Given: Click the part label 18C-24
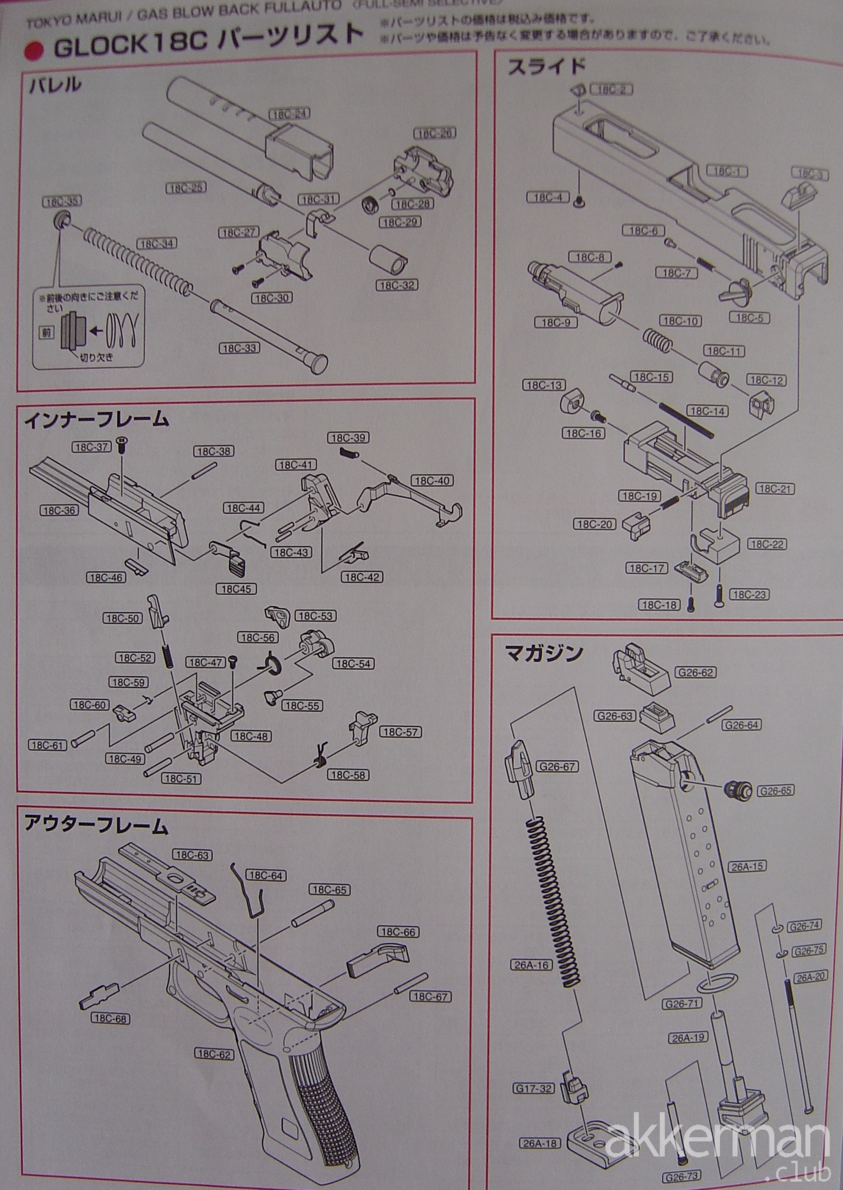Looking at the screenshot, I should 287,114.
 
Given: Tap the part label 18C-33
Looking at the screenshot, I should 239,348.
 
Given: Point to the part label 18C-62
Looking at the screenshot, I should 214,1054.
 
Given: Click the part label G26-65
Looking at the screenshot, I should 775,791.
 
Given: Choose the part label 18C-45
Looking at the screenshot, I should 236,589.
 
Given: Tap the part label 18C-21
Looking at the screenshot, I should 775,489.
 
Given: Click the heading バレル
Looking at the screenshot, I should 55,85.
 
